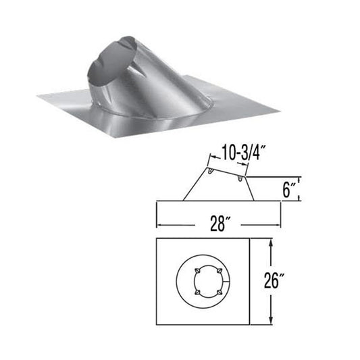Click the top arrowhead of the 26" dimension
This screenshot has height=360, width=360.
[270, 241]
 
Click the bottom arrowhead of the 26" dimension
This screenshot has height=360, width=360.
[270, 320]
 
